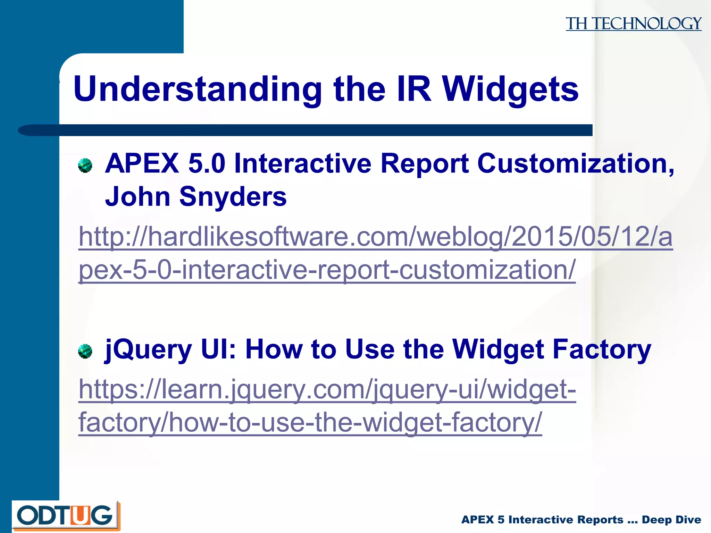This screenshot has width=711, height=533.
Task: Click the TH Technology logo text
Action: (x=633, y=24)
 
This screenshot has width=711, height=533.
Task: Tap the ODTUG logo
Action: (x=66, y=515)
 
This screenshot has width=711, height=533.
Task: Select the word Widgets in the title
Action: (x=510, y=90)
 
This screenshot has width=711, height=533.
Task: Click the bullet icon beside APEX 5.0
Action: (x=85, y=166)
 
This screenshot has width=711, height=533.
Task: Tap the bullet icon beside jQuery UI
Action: (x=85, y=351)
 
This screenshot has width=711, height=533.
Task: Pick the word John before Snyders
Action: (x=137, y=196)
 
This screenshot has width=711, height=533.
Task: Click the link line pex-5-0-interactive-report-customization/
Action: (x=327, y=270)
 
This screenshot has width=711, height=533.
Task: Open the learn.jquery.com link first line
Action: (x=327, y=389)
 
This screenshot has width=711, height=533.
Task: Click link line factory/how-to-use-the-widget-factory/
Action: (x=310, y=423)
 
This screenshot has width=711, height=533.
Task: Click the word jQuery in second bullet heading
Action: (x=149, y=350)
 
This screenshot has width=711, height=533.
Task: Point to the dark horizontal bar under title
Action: (x=312, y=130)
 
